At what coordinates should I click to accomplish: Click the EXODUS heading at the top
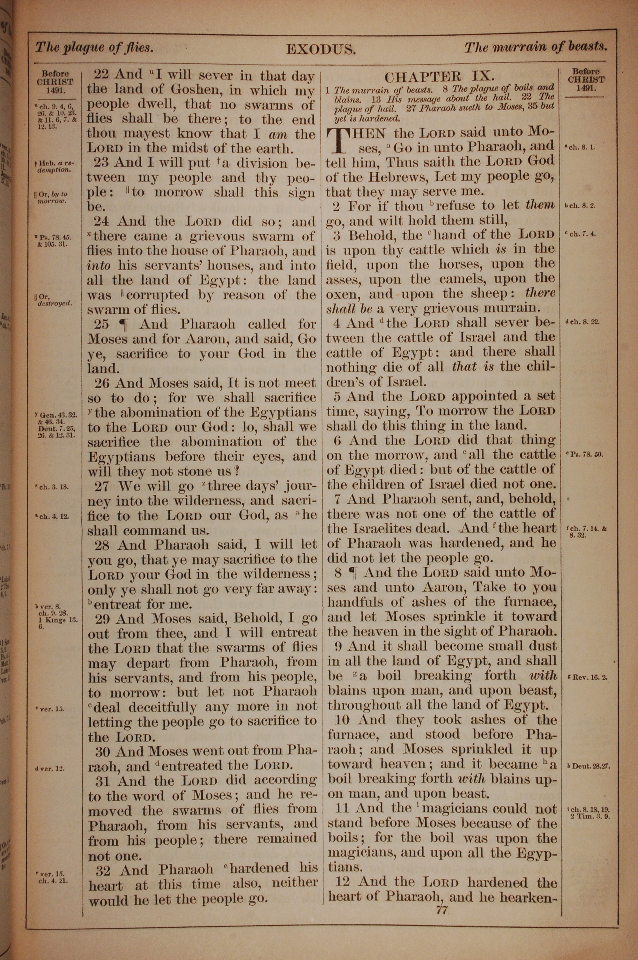tap(321, 49)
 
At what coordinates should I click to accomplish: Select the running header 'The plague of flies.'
tap(94, 48)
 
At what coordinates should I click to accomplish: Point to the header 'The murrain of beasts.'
tap(536, 47)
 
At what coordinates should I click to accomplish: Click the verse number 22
tap(102, 74)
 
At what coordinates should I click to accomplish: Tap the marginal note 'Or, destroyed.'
tap(54, 300)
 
